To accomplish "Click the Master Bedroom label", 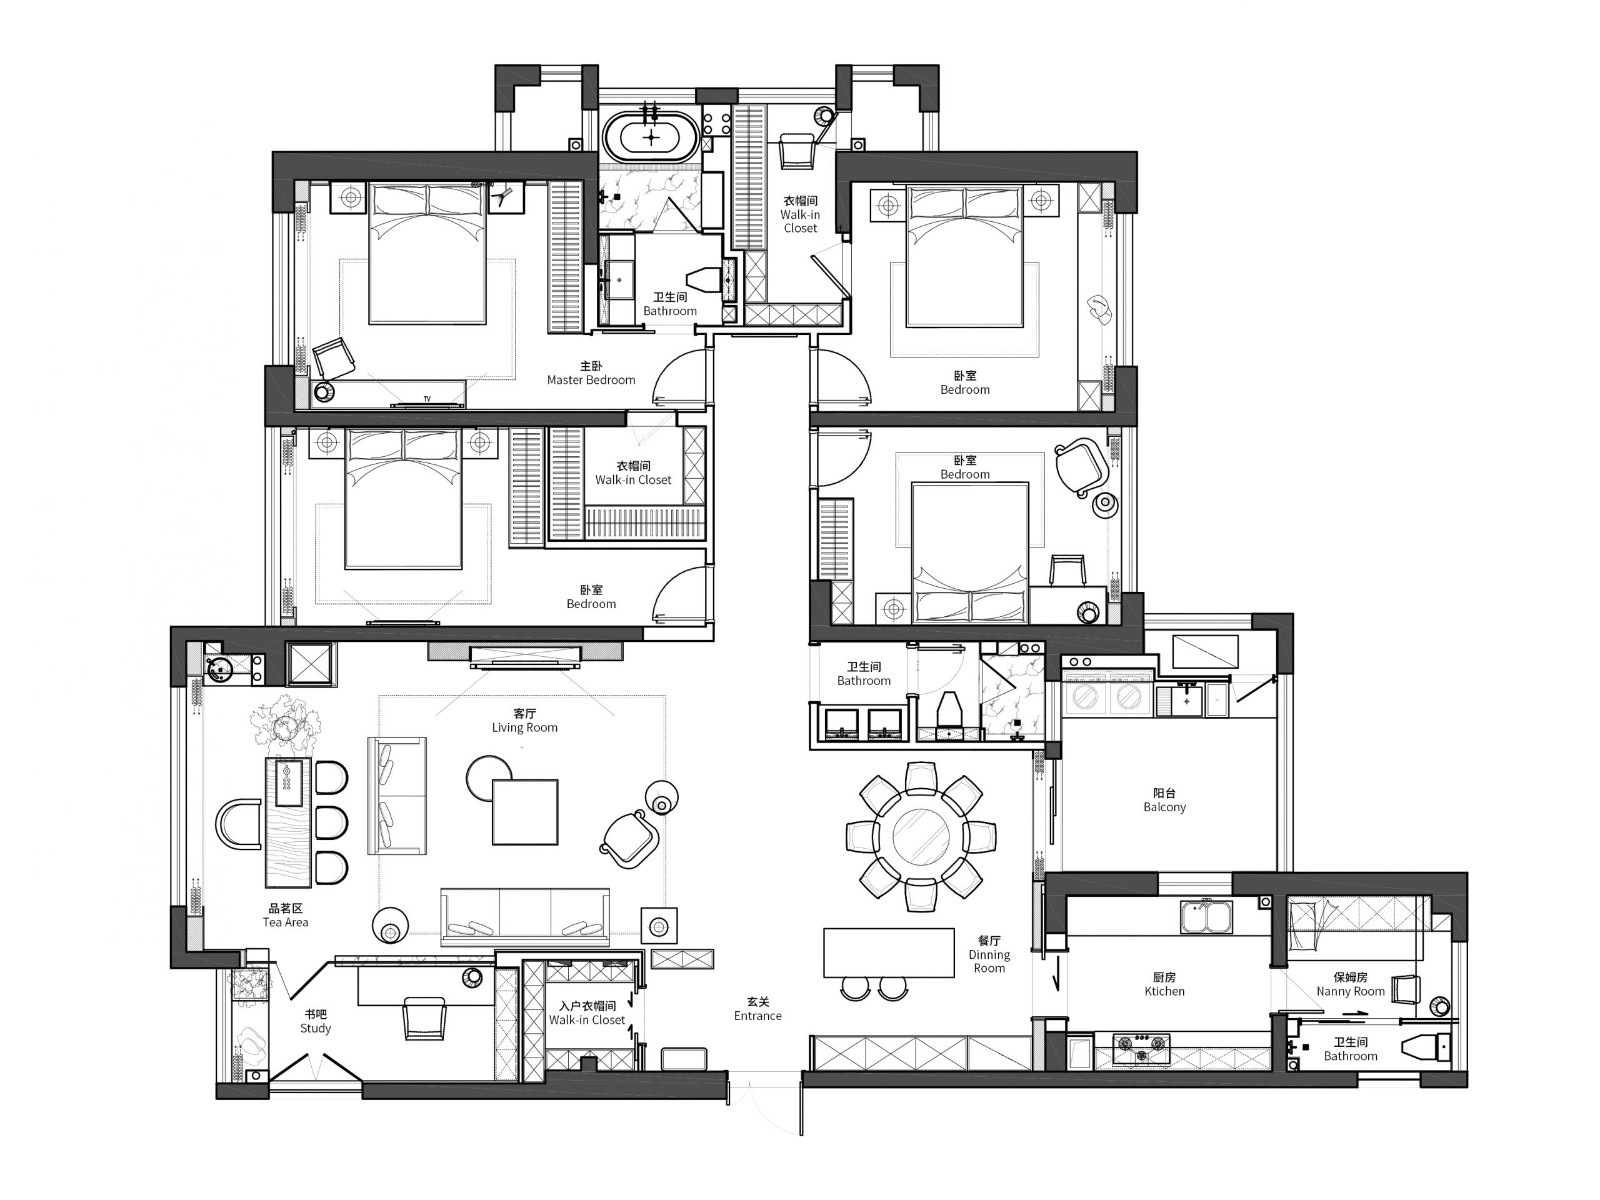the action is (x=590, y=372).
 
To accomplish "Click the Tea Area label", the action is (x=285, y=915).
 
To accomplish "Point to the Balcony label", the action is (x=1164, y=800).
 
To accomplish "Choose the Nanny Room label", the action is (x=1350, y=984).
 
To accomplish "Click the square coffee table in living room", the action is (x=525, y=812).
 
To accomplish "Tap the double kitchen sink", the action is (x=1206, y=917).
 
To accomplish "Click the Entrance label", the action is (x=757, y=1009).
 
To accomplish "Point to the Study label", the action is (x=316, y=1021).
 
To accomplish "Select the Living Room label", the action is (x=524, y=720).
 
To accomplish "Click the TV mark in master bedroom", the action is (x=427, y=399).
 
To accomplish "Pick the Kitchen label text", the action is (x=1164, y=984).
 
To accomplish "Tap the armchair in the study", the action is (x=424, y=1019).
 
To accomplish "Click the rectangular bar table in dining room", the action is (x=889, y=952).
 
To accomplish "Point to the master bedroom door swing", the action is (x=678, y=376).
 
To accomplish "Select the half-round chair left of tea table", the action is (x=238, y=824).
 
